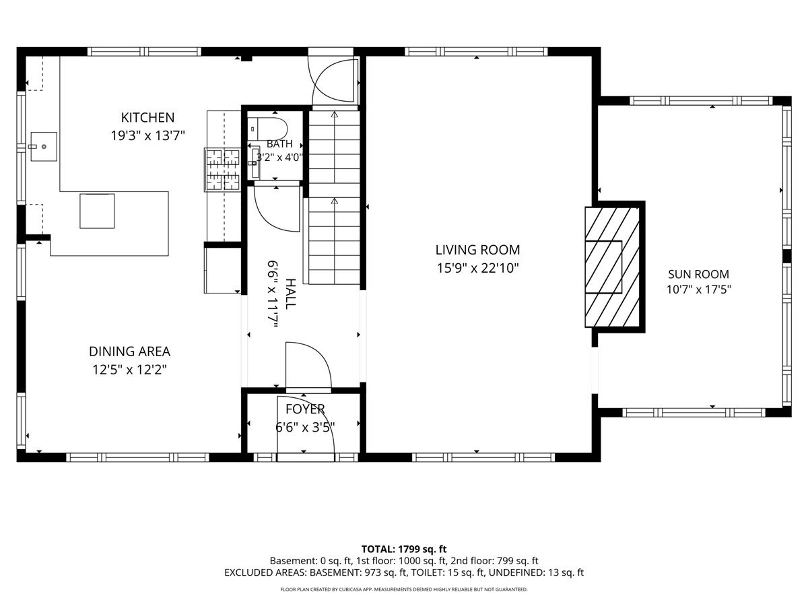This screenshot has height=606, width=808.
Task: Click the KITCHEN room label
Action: (147, 118)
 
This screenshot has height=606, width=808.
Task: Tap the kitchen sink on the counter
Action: (44, 146)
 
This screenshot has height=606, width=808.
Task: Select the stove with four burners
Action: (222, 169)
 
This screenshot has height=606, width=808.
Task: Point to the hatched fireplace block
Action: (612, 267)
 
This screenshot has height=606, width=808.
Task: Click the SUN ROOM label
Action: (698, 274)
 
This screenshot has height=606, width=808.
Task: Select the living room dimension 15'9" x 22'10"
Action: (477, 268)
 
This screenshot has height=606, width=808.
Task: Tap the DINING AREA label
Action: (129, 351)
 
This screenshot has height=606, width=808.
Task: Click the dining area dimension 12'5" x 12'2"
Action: (129, 370)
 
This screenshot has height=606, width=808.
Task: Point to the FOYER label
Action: (305, 409)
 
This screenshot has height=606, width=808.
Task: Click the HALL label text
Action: (290, 294)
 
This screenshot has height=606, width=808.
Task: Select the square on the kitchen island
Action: (97, 211)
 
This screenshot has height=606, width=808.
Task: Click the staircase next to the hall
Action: (334, 197)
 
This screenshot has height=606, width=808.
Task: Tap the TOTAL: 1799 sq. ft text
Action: (404, 549)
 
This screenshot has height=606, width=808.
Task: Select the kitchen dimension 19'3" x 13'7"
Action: (147, 136)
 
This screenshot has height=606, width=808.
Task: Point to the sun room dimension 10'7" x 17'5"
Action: (698, 290)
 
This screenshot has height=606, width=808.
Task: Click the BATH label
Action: (279, 143)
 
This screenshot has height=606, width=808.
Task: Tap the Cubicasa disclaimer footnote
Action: (404, 589)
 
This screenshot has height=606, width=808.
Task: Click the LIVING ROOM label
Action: (477, 250)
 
